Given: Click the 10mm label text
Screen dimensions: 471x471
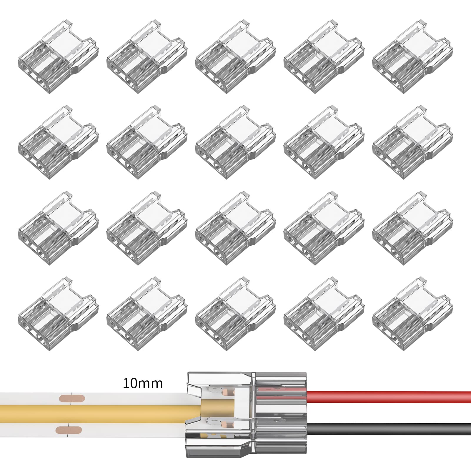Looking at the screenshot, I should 143,384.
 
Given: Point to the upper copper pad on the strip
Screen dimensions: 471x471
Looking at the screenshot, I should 72,399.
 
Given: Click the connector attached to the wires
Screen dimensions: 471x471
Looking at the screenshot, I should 246,415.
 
